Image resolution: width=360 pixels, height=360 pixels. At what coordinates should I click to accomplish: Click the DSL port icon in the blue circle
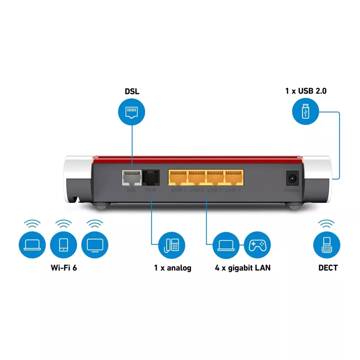132,112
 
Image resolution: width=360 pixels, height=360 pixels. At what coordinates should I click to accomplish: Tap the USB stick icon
305,112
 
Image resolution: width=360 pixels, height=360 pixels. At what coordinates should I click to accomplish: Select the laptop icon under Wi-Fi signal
32,244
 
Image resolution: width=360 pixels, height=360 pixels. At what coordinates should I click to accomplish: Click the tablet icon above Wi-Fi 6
63,244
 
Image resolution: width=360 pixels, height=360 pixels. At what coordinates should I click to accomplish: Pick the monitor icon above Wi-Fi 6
94,244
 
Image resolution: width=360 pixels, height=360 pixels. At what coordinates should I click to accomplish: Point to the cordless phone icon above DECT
326,245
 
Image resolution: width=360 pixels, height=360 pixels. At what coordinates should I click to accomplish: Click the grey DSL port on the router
131,178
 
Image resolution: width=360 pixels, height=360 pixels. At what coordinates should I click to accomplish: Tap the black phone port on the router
151,178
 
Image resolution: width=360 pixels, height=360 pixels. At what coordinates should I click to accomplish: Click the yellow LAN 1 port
178,178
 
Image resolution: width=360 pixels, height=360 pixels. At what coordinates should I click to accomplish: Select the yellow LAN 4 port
234,178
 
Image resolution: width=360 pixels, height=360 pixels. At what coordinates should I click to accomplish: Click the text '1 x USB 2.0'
306,91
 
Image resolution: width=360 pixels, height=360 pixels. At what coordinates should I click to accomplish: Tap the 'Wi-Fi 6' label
63,268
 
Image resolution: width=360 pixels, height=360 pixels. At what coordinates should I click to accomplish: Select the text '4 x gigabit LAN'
243,268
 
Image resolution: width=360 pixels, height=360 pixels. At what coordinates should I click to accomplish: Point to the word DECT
328,268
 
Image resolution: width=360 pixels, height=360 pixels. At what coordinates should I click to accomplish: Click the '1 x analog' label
172,268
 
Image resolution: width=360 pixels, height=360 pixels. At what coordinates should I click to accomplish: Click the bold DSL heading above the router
132,91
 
